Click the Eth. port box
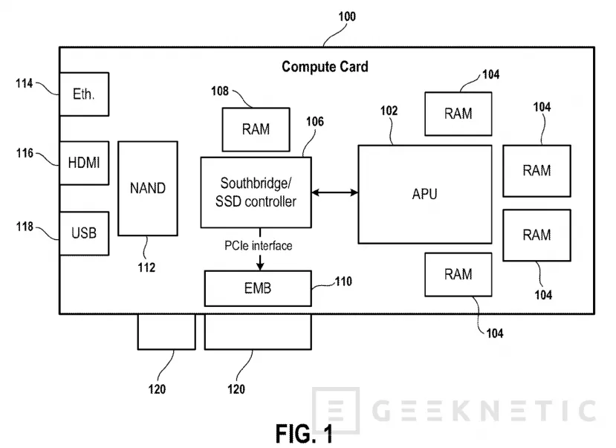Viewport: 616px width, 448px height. (x=83, y=94)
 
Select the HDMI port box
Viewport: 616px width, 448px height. (x=83, y=163)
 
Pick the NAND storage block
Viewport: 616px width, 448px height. (x=147, y=188)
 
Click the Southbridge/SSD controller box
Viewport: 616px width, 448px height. (x=256, y=192)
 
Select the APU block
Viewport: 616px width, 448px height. (x=424, y=195)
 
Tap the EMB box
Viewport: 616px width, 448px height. (x=257, y=288)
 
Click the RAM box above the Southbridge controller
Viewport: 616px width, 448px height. (x=256, y=129)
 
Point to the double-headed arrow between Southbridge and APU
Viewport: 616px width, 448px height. (x=334, y=193)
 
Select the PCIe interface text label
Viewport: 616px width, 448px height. (x=258, y=245)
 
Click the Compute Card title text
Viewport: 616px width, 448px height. (x=325, y=67)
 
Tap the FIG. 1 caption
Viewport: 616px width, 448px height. (x=305, y=433)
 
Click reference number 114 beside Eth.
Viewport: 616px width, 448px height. (x=25, y=84)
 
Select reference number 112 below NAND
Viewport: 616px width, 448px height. (x=146, y=267)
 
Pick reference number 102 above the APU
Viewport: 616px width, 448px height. (x=389, y=111)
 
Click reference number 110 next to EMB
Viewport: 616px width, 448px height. (x=344, y=282)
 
